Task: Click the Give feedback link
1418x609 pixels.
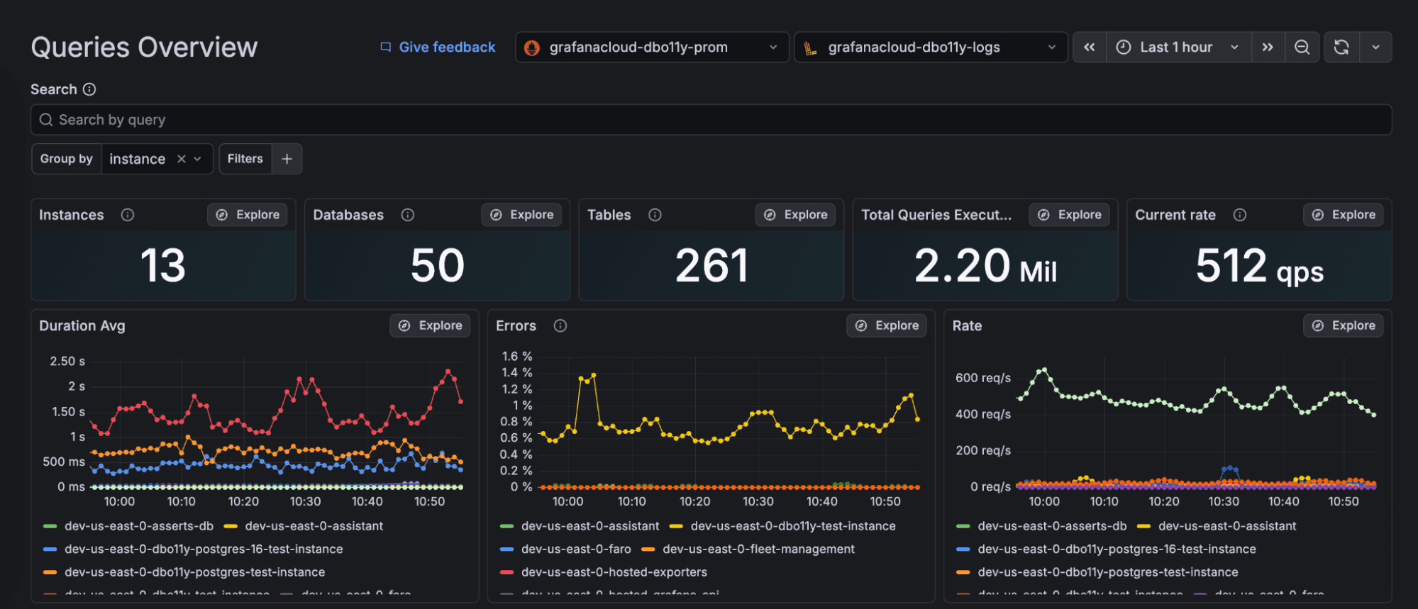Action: tap(438, 48)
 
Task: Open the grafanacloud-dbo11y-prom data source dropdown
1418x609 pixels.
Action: tap(651, 48)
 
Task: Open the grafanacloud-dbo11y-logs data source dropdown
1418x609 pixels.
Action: tap(930, 48)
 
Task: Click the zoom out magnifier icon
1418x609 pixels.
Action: tap(1302, 48)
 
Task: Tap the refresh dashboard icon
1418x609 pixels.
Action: tap(1341, 48)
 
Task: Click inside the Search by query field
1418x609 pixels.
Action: tap(709, 120)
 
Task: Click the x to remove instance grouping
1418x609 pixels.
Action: tap(182, 159)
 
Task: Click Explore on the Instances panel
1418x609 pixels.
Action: tap(248, 215)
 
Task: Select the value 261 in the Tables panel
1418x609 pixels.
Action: tap(711, 266)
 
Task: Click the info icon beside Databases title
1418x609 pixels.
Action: tap(408, 215)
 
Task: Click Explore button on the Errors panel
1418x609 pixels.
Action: tap(887, 325)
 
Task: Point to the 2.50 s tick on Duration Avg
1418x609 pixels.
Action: tap(67, 362)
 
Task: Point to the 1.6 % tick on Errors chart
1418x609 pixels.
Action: tap(517, 357)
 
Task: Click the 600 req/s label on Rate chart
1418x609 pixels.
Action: tap(983, 378)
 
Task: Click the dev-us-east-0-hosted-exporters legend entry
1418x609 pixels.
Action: tap(614, 572)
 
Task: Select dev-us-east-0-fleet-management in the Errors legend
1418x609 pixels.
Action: tap(758, 549)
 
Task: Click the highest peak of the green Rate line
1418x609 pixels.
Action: tap(1043, 370)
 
